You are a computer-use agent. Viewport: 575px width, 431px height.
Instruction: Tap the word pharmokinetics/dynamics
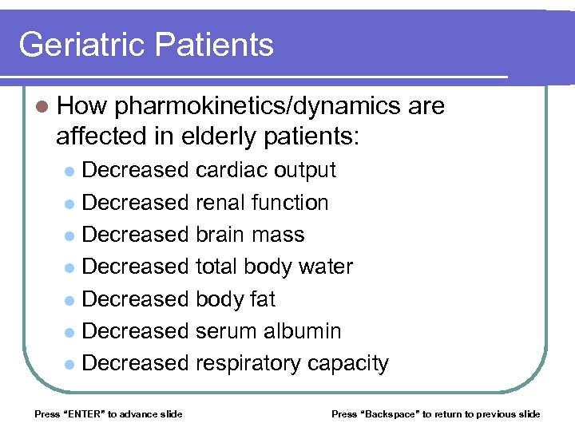[x=257, y=106]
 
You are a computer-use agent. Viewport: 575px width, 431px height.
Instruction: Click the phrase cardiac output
[x=265, y=170]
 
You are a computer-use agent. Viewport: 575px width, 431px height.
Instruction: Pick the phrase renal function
[x=262, y=203]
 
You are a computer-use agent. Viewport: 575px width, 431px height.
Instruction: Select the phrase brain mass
[x=250, y=235]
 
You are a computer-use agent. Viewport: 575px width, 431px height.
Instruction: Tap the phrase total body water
[x=274, y=267]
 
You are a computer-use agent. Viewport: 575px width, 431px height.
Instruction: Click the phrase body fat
[x=235, y=299]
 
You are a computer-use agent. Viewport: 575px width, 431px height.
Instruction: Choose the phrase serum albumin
[x=268, y=331]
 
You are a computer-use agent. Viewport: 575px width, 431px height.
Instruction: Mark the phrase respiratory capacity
[x=291, y=364]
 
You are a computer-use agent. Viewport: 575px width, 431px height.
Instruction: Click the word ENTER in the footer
[x=83, y=413]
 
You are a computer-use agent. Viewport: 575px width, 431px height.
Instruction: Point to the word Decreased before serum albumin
[x=135, y=331]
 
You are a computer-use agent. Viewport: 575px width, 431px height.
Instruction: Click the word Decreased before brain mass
[x=135, y=235]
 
